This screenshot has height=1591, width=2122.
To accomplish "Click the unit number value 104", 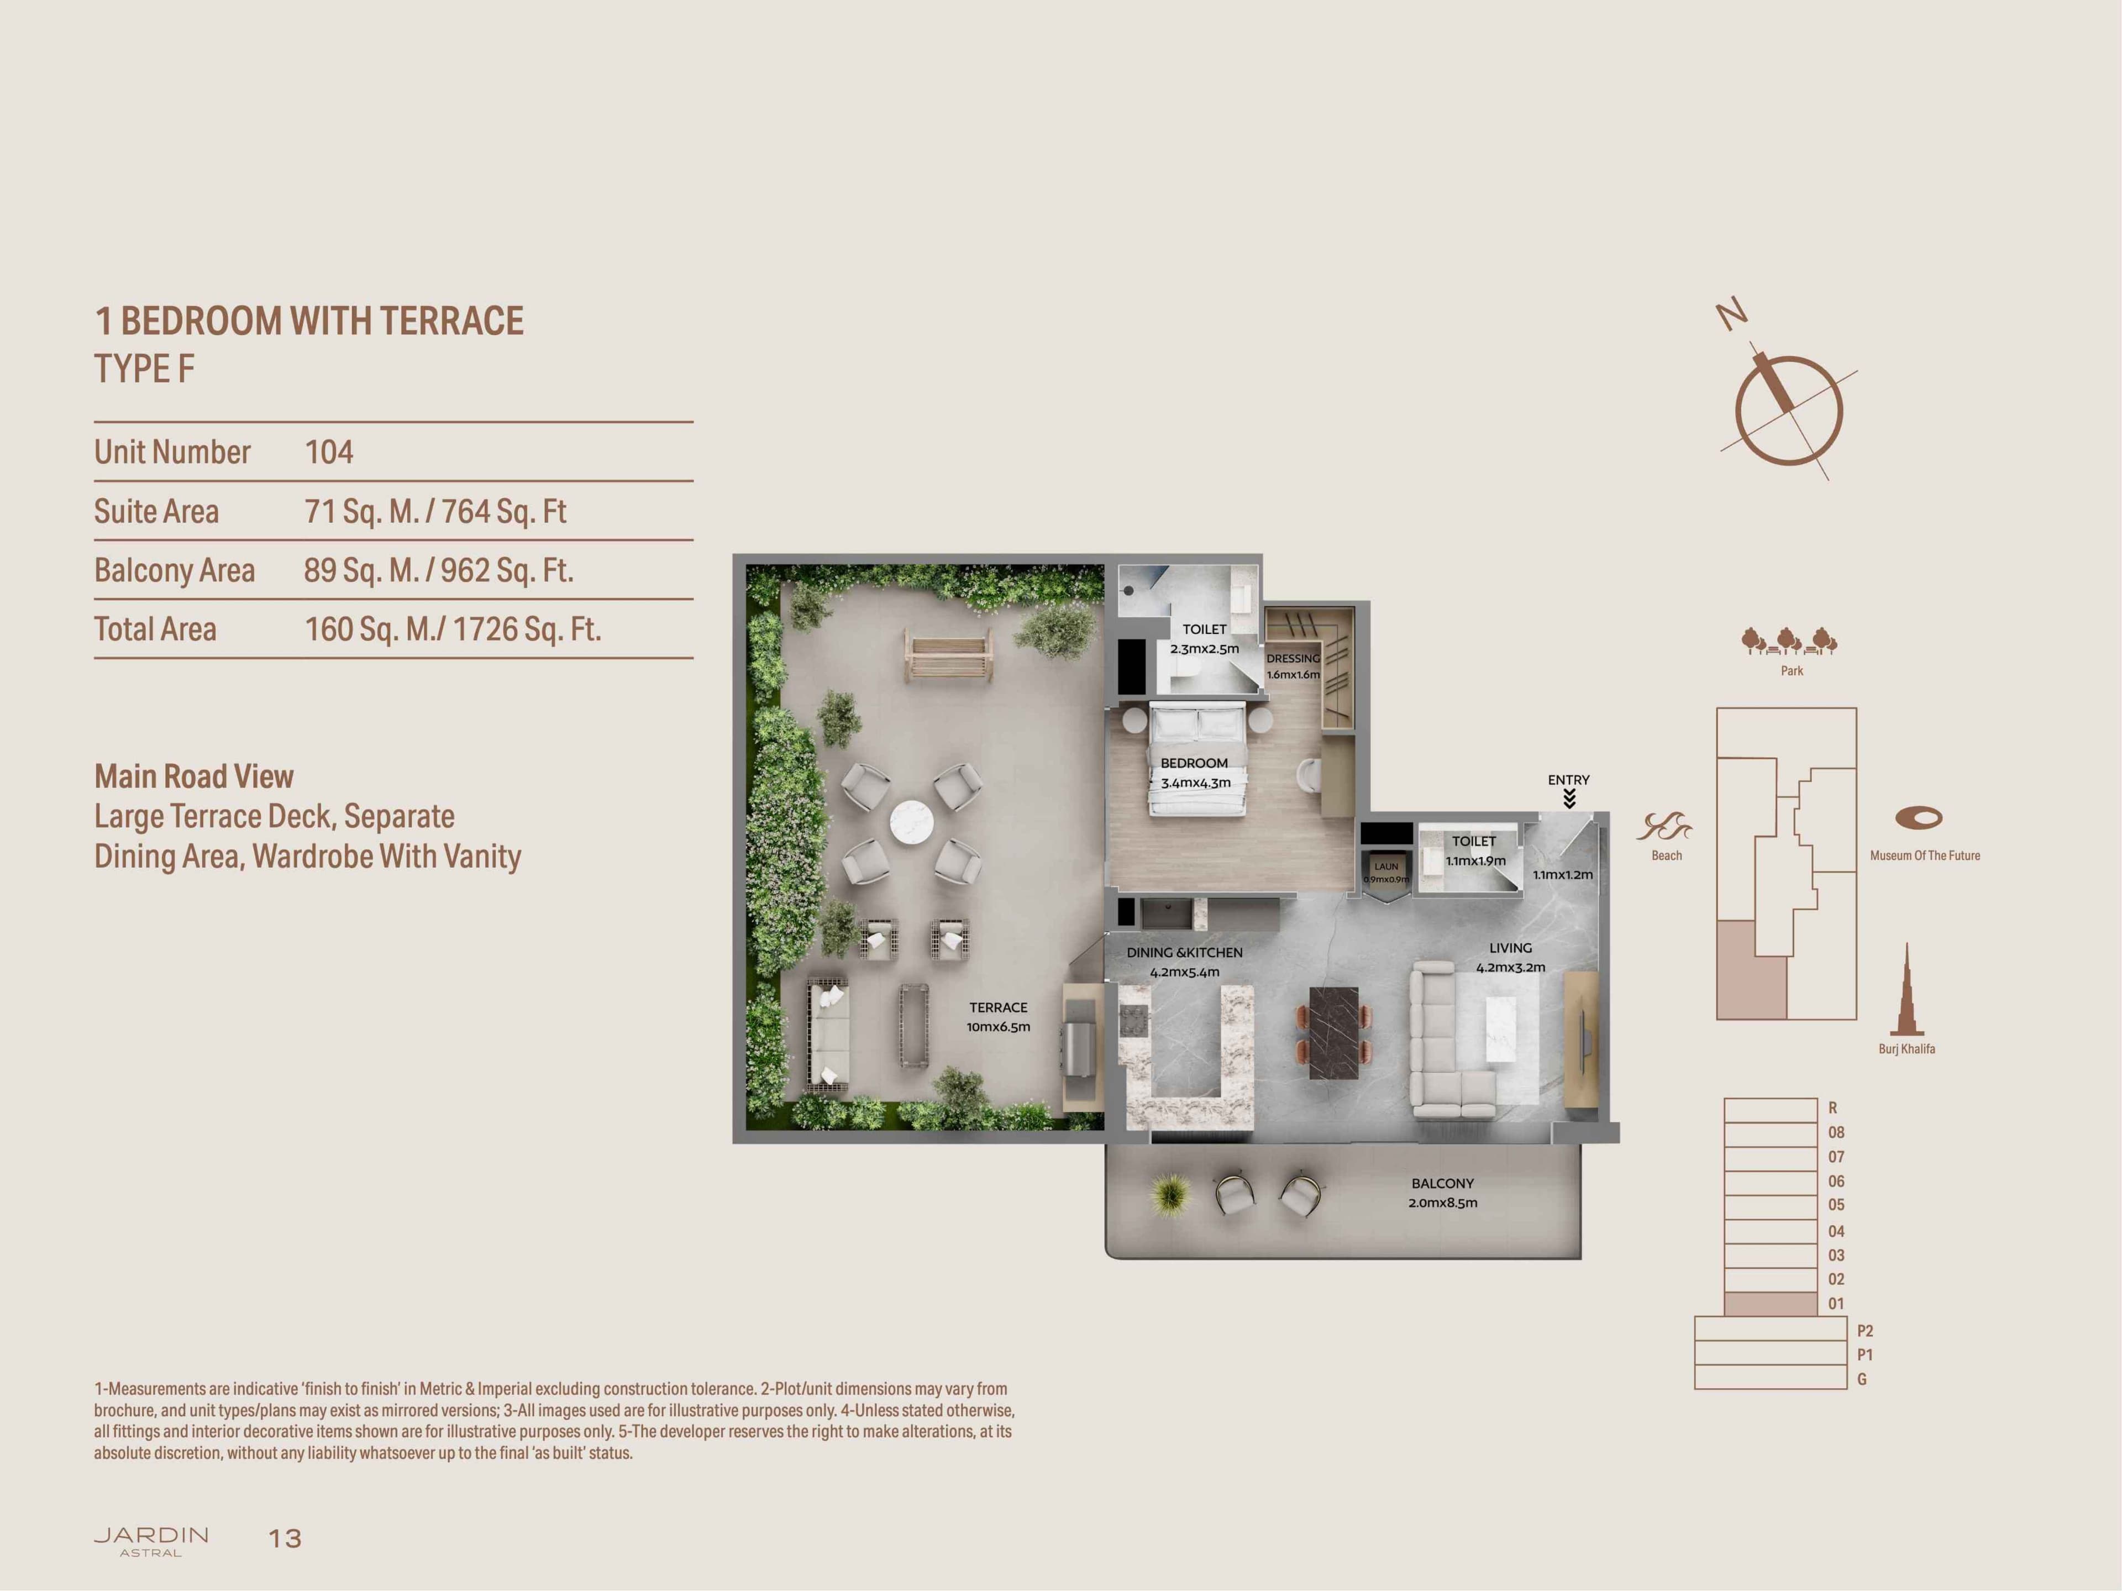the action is click(329, 452).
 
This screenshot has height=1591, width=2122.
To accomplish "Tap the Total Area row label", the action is click(155, 629).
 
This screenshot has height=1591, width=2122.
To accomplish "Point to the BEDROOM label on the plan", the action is click(1194, 763).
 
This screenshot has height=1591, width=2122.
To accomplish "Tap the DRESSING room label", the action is click(1293, 658).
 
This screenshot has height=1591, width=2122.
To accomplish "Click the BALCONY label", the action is click(1443, 1183).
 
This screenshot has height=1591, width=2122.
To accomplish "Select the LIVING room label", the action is click(1511, 947).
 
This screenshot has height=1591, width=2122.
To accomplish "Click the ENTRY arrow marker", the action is click(1569, 799).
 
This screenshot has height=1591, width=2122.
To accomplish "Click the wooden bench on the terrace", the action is click(947, 655).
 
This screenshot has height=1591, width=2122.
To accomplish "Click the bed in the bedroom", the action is click(1198, 758).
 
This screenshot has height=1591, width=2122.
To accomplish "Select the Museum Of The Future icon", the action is click(1919, 817).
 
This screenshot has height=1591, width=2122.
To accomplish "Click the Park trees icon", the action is click(1790, 641).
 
